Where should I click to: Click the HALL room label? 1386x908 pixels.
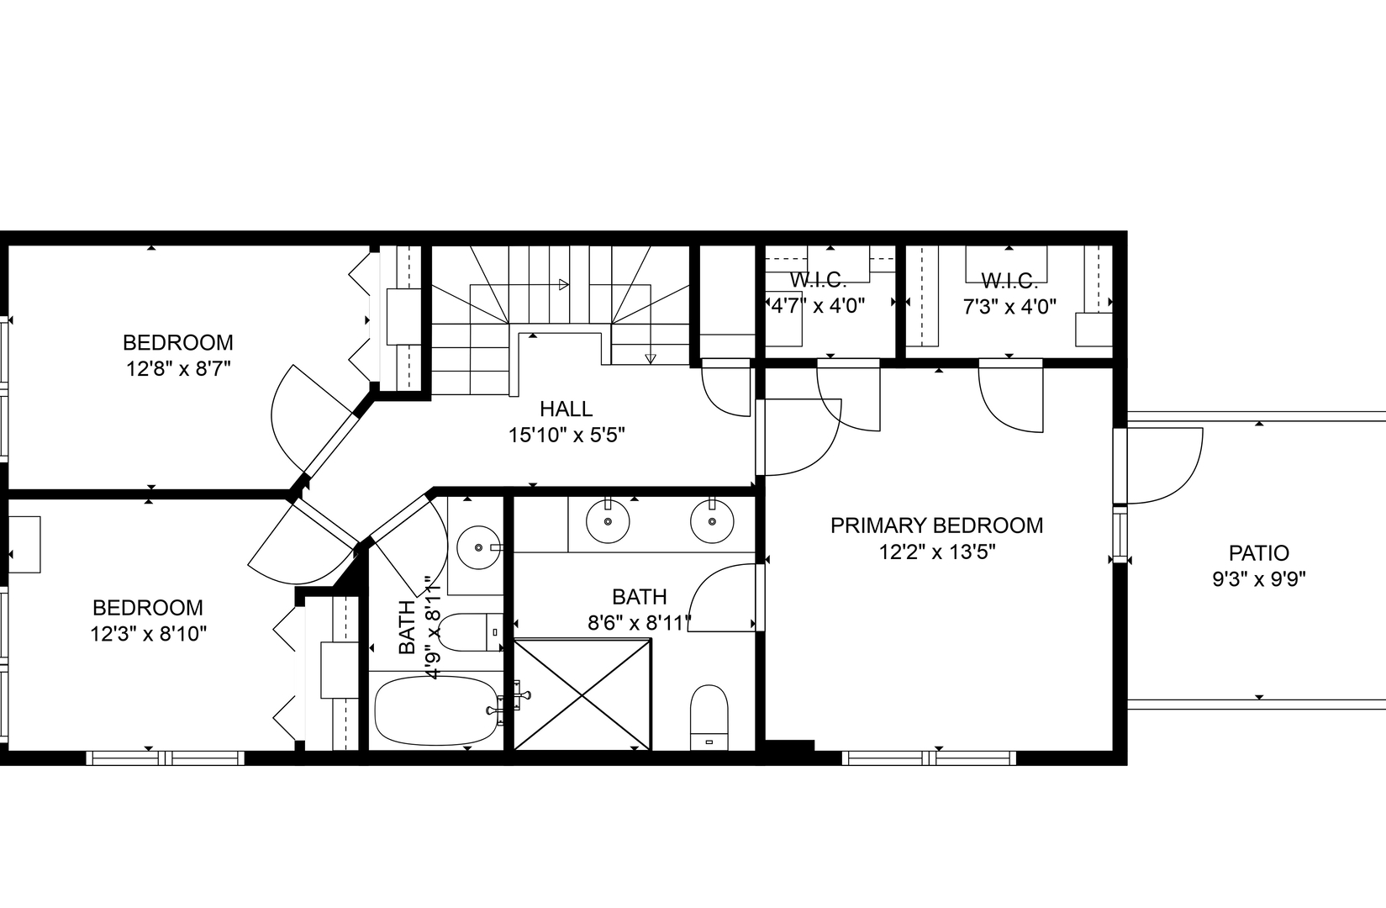566,409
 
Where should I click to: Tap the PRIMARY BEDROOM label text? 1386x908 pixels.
936,525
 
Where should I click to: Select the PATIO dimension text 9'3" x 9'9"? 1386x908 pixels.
1258,579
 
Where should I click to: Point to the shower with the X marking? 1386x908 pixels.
582,694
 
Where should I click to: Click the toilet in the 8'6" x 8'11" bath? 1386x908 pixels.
709,715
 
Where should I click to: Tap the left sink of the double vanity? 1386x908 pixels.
607,522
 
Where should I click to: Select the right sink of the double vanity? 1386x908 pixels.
712,522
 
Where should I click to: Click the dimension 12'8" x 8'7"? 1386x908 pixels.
178,369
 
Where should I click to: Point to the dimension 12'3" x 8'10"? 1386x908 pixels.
148,634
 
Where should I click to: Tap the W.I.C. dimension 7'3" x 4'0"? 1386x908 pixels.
1009,307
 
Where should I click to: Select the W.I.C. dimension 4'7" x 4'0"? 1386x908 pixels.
819,305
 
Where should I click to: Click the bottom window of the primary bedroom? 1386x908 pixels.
929,758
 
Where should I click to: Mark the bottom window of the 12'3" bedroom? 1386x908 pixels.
165,758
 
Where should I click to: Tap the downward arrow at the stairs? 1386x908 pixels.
650,358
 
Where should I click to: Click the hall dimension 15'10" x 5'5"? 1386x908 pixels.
566,436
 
